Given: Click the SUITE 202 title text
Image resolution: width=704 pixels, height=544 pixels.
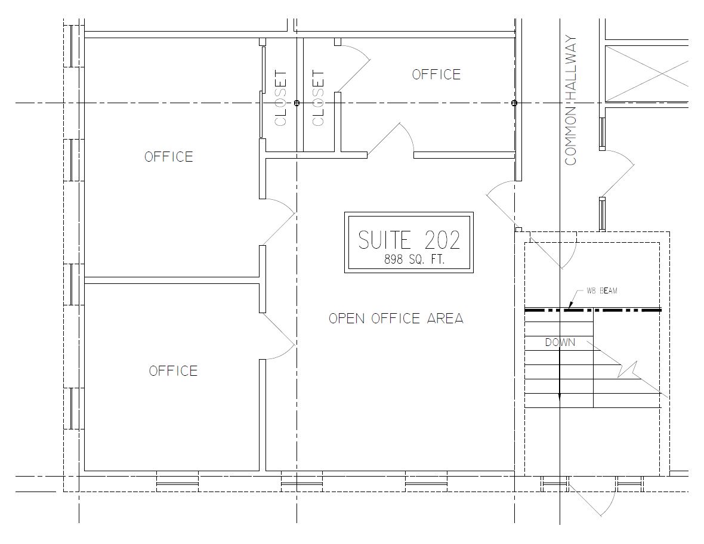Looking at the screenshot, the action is (x=409, y=240).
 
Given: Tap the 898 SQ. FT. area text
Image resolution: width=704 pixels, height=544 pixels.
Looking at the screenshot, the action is (x=414, y=259).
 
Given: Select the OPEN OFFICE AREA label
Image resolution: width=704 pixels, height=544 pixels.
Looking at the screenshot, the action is (x=396, y=319).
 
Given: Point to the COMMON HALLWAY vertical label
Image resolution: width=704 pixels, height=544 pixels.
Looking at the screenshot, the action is (x=570, y=101).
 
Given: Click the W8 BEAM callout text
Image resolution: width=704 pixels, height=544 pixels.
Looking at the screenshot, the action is (x=601, y=291).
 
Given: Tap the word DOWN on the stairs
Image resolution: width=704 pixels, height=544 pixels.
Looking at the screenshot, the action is (x=560, y=342).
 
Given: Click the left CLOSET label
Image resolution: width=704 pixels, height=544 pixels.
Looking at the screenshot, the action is (x=280, y=98).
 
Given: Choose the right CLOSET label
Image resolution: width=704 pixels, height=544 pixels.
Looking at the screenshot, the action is (x=318, y=98).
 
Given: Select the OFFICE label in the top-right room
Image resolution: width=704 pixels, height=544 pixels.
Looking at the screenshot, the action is (x=436, y=74).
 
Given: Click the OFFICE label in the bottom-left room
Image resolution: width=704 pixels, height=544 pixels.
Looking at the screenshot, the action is (x=173, y=371).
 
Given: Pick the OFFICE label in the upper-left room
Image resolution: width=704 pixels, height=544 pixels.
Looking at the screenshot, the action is (x=169, y=157).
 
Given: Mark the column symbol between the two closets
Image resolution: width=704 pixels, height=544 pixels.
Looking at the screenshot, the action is (x=297, y=103).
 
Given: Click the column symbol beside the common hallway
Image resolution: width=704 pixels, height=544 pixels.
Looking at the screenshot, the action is (x=514, y=103).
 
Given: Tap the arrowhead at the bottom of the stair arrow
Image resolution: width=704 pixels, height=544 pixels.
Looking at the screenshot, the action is (x=560, y=397).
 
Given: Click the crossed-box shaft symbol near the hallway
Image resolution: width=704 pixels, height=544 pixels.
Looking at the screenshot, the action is (x=647, y=73).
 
